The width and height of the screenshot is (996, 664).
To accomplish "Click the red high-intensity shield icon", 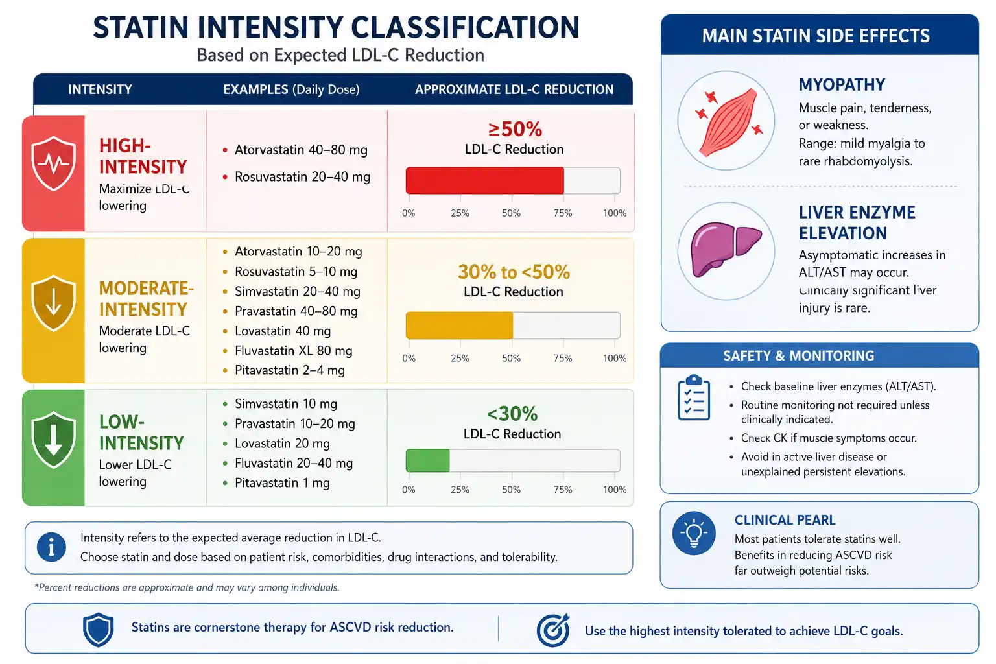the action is point(53,163).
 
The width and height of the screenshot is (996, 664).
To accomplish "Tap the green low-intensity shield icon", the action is point(53,440).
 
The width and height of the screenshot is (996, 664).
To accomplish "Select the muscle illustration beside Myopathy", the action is point(729,122).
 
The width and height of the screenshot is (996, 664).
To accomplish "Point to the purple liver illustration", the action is point(726,248).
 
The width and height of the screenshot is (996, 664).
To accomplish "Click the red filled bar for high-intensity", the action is point(484,180).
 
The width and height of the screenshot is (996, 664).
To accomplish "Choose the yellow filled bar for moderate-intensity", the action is point(459,325).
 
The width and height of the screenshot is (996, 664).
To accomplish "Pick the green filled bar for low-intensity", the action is point(428,460).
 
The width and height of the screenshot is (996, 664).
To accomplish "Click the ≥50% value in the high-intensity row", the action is point(515,129).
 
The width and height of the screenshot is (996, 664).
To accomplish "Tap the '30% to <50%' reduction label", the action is point(514,272).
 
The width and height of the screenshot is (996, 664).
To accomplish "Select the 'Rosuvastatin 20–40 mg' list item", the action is point(302,176).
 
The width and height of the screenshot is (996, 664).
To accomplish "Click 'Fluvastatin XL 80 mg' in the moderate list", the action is point(294,350).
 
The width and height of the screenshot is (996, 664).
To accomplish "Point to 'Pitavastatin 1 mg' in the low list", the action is point(282,482).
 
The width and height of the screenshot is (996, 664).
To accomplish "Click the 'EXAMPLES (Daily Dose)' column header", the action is point(291,89).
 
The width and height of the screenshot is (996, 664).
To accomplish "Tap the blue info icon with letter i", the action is point(52,547).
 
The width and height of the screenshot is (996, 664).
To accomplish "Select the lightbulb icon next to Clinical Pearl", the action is point(694,533).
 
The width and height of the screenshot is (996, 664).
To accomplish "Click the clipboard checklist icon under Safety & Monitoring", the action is point(694,397).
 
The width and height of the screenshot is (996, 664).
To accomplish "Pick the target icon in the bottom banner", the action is point(553,630).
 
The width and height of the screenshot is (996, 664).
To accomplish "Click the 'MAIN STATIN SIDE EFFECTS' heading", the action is point(816,36).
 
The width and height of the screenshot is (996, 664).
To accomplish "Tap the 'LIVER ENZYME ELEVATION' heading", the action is point(857,223).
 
